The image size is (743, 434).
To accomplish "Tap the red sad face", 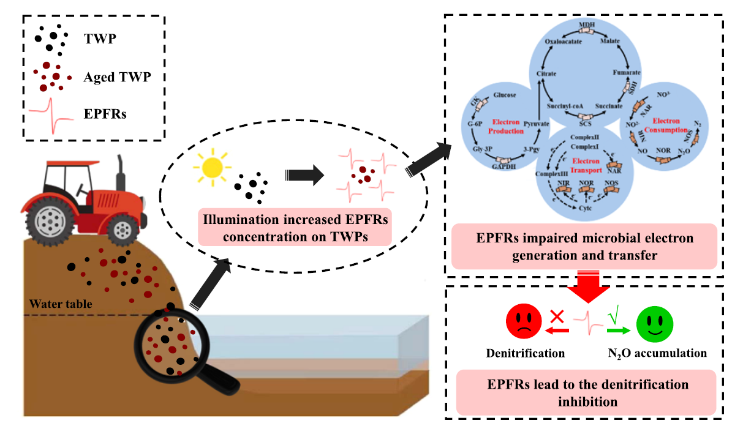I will (524, 322).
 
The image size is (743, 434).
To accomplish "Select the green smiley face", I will (655, 322).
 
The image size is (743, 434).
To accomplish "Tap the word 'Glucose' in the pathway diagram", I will (505, 95).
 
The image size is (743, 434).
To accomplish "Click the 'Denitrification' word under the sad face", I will (525, 353).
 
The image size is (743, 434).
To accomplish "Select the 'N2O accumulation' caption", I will (657, 353).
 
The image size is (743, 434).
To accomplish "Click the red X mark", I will (557, 316).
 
